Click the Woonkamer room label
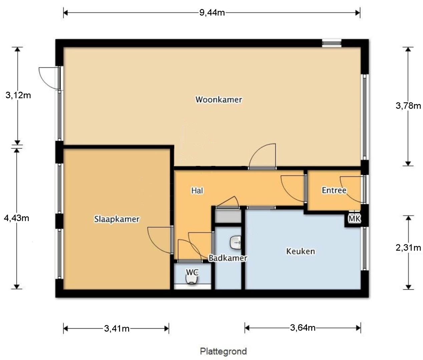pos(219,100)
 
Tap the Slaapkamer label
pos(117,219)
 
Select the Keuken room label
pos(301,251)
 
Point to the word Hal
pos(197,191)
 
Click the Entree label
pos(334,190)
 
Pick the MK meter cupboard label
pos(354,219)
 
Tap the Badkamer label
pos(228,258)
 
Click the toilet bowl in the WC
pos(191,279)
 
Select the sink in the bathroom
pos(236,243)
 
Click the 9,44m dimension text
pos(212,13)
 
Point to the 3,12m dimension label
pos(18,95)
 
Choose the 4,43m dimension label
pos(16,218)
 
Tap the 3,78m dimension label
pos(408,106)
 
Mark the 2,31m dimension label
pos(408,248)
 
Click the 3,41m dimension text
pos(117,329)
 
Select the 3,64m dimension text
pos(303,328)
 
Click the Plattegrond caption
pos(223,351)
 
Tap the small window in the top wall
pos(332,43)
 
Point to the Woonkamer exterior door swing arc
pos(43,79)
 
